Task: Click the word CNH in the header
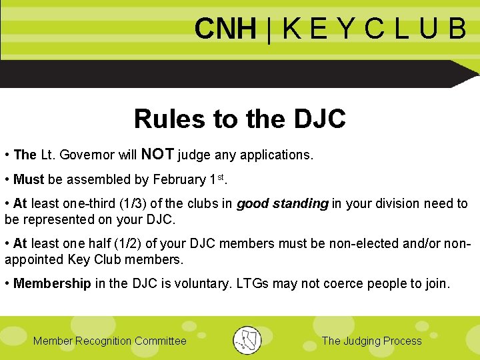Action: (225, 29)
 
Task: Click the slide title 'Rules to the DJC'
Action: (240, 119)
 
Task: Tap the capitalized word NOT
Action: (157, 155)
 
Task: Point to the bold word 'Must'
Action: (29, 179)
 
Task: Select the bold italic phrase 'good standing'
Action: (283, 203)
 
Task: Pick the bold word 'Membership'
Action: (52, 283)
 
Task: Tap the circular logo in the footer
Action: (247, 340)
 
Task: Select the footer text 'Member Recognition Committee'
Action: (110, 341)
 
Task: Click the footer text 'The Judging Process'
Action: (371, 341)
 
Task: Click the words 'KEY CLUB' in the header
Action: (373, 29)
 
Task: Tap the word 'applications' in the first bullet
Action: (276, 155)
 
